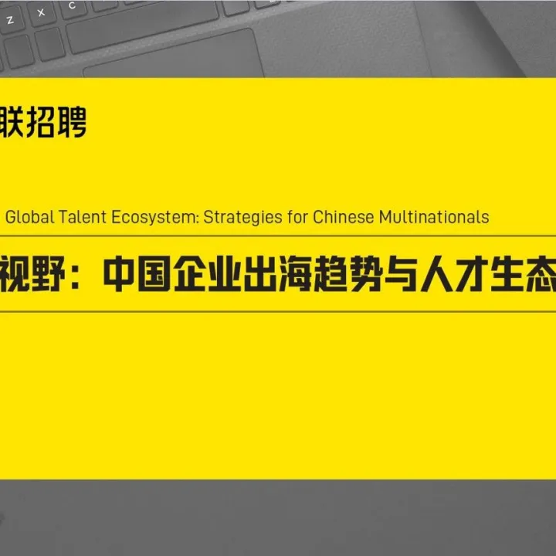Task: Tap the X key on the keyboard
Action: point(41,13)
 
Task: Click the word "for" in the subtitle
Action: point(298,216)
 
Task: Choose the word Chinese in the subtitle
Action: point(344,216)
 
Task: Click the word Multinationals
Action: point(434,216)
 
